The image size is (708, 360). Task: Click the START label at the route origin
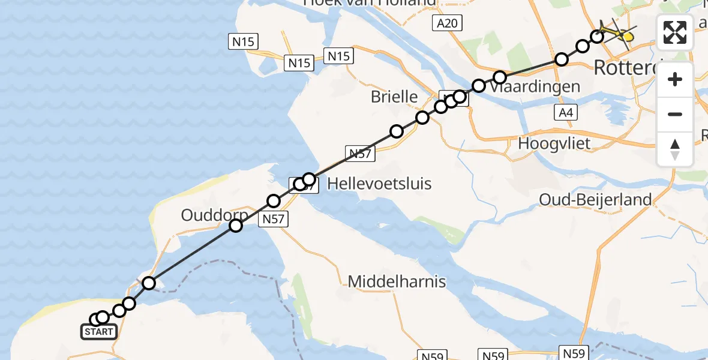[x=99, y=332]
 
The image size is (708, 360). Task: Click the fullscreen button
[x=675, y=32]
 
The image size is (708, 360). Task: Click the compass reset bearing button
[x=675, y=149]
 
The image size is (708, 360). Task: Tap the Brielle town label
[x=394, y=96]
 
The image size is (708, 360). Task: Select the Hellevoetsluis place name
[x=379, y=183]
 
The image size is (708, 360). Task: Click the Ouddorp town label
[x=214, y=215]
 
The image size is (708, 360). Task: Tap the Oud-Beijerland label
[x=596, y=199]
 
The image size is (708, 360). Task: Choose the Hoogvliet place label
[x=554, y=143]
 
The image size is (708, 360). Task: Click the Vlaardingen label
[x=535, y=86]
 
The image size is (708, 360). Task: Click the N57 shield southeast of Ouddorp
[x=274, y=220]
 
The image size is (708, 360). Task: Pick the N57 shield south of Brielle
[x=360, y=154]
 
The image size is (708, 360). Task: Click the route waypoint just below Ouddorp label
[x=236, y=226]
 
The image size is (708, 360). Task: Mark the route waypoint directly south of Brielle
[x=396, y=131]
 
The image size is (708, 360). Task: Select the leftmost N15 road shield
[x=243, y=42]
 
